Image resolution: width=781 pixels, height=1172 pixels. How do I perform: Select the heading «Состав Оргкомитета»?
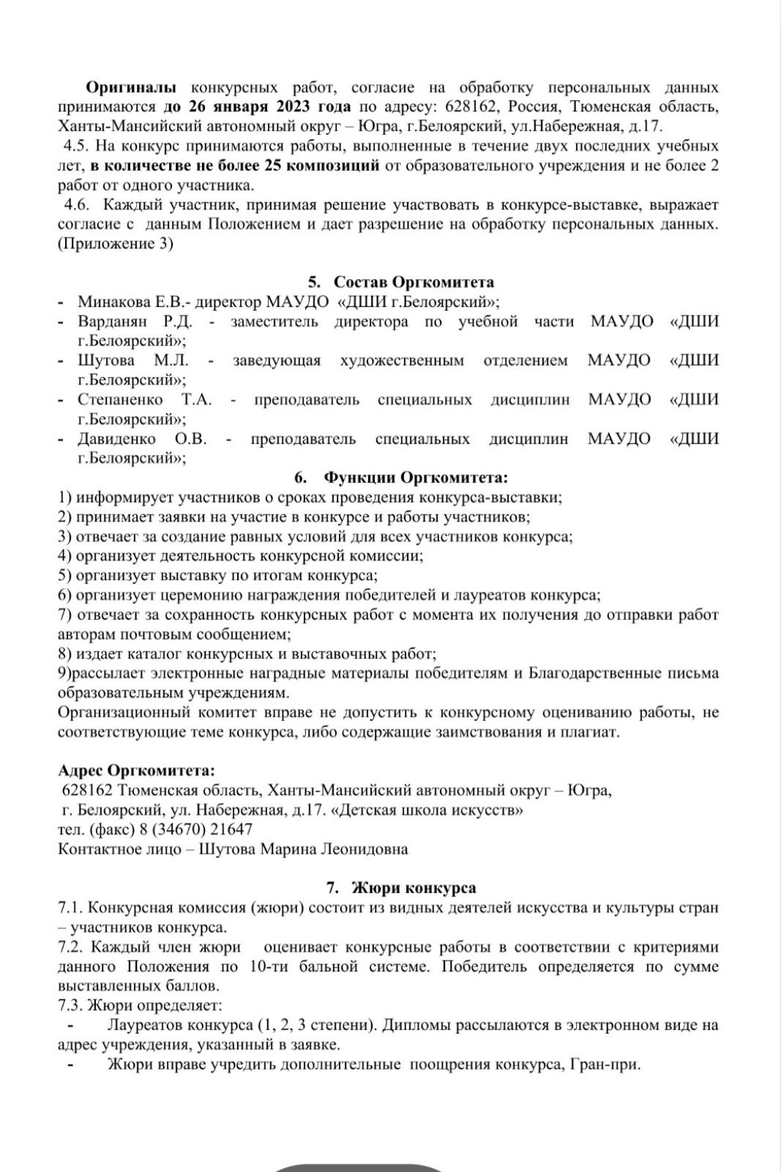[x=414, y=282]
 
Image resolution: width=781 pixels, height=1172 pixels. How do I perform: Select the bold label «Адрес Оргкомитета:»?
[x=137, y=771]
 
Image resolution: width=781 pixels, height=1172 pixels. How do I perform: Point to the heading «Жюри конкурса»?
[x=414, y=888]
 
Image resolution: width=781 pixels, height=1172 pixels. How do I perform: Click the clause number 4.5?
[x=76, y=146]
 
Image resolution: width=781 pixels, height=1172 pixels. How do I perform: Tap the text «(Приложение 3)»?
[x=116, y=244]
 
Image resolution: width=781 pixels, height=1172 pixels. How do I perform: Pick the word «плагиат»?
[x=590, y=731]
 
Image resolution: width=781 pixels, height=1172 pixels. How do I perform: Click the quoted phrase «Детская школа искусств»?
[x=427, y=810]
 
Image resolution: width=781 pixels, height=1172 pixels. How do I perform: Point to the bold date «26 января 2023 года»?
[x=268, y=107]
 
